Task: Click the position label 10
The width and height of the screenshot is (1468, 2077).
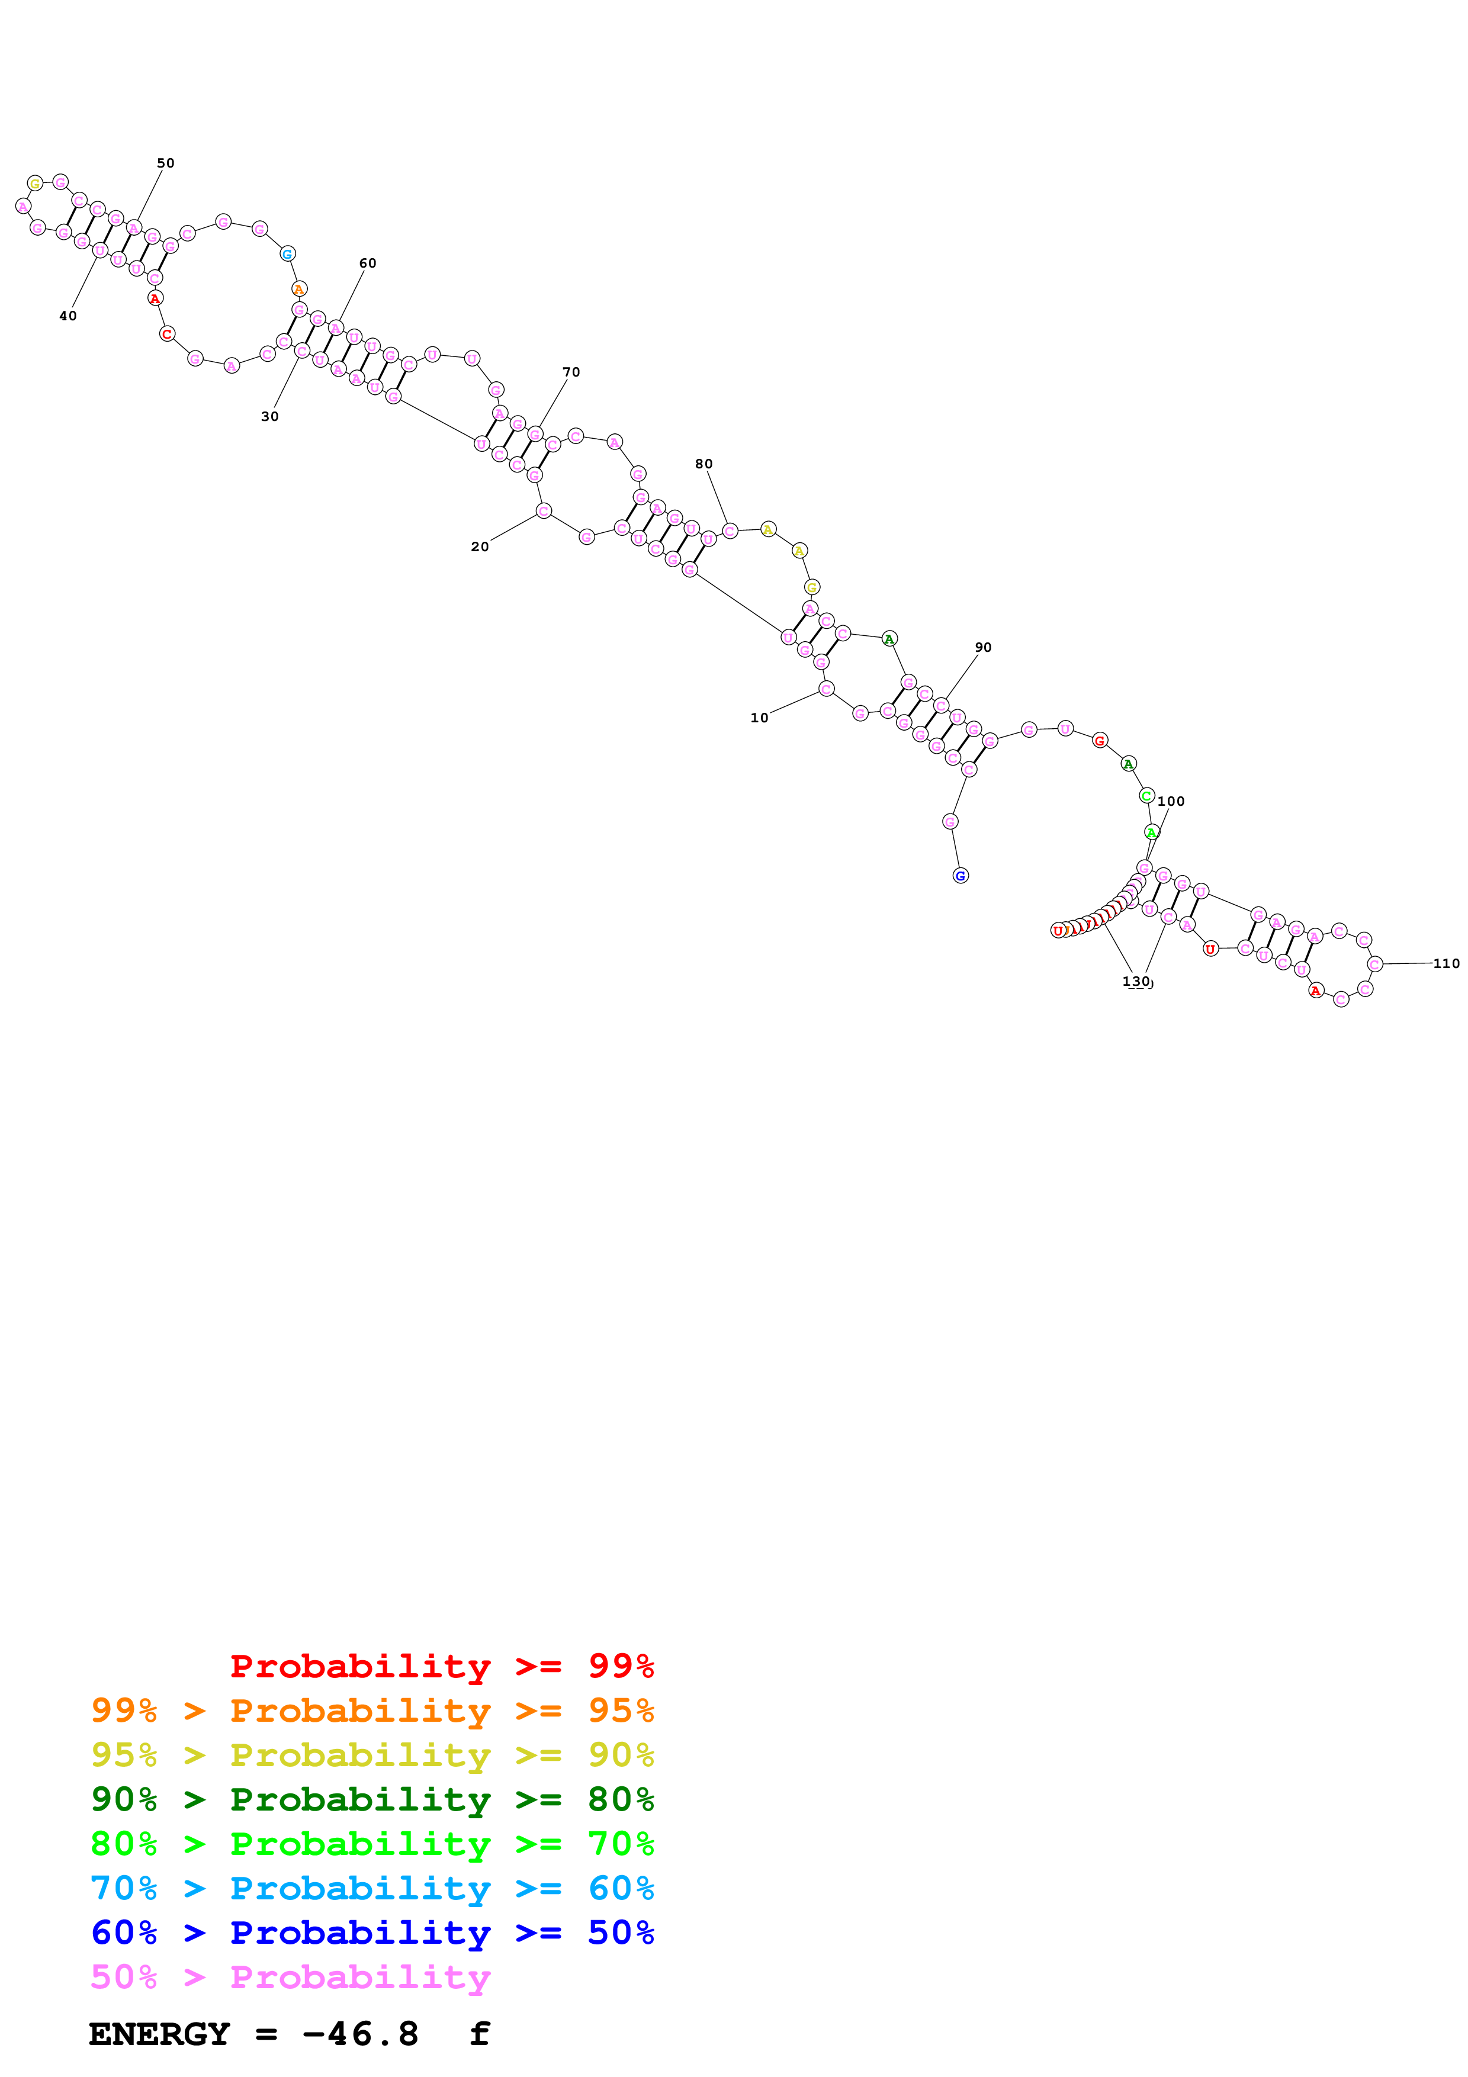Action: pyautogui.click(x=759, y=718)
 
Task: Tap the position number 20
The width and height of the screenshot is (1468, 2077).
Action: pyautogui.click(x=480, y=546)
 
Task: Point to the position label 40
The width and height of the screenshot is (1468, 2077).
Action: pyautogui.click(x=68, y=316)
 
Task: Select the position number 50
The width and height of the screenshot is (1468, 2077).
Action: pyautogui.click(x=166, y=163)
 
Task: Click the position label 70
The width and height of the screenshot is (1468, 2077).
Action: pyautogui.click(x=571, y=372)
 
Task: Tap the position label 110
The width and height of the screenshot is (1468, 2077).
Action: pyautogui.click(x=1445, y=963)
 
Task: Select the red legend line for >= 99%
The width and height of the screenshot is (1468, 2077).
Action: pyautogui.click(x=441, y=1666)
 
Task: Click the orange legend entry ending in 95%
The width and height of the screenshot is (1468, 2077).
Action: pyautogui.click(x=372, y=1710)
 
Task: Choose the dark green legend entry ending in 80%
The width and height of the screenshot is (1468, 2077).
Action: pyautogui.click(x=372, y=1799)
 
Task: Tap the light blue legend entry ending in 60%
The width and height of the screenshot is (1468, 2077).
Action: pyautogui.click(x=372, y=1888)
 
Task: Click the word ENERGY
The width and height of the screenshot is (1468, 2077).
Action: pyautogui.click(x=159, y=2034)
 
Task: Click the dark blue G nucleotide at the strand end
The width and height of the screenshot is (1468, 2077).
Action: pyautogui.click(x=961, y=876)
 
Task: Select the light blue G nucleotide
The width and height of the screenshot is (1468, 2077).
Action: pyautogui.click(x=288, y=254)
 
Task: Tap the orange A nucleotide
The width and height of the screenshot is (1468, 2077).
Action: pyautogui.click(x=300, y=290)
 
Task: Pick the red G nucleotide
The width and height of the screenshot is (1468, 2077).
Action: pyautogui.click(x=1100, y=741)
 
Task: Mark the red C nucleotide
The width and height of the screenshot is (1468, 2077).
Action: pyautogui.click(x=166, y=334)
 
